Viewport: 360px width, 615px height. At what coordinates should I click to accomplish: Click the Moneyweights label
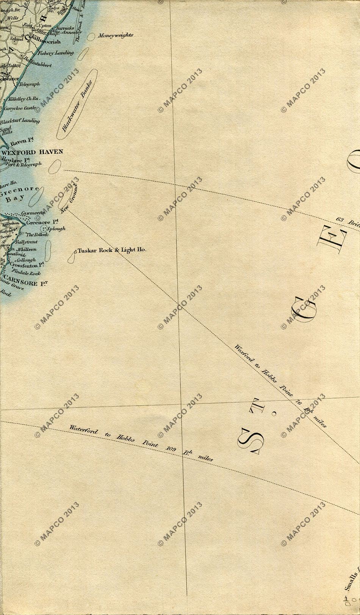tap(116, 35)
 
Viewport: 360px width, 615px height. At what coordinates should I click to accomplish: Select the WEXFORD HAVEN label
tap(32, 152)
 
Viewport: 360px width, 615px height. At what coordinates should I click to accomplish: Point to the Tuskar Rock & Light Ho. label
tap(112, 250)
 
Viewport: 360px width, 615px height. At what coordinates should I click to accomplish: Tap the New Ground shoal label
tap(69, 197)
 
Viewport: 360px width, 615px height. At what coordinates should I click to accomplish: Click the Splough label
tap(56, 228)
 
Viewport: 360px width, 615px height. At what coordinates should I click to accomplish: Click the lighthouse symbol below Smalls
tap(346, 609)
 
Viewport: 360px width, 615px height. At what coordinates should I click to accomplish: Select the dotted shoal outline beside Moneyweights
tap(91, 37)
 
